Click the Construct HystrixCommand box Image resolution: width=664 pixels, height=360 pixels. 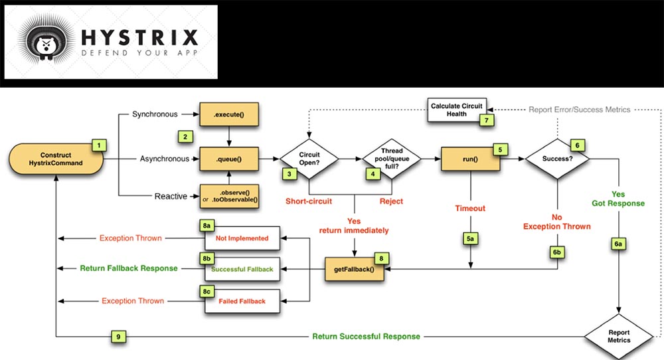[56, 159]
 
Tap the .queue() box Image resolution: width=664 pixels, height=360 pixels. [228, 159]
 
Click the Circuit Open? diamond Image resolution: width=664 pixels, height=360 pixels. [309, 159]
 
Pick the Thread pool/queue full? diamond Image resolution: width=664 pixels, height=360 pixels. [391, 159]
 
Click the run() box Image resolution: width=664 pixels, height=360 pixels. [470, 159]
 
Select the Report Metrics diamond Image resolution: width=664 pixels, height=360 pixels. [619, 335]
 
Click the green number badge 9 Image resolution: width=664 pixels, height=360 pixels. [118, 336]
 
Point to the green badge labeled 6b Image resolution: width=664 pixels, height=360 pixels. [556, 253]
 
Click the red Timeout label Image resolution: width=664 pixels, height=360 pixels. [470, 208]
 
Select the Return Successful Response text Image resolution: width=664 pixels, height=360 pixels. [366, 336]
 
